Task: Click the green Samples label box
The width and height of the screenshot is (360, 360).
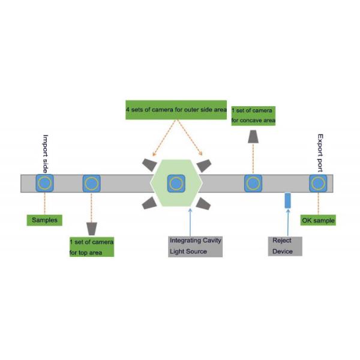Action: click(45, 220)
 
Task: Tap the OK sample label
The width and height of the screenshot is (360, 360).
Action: click(318, 220)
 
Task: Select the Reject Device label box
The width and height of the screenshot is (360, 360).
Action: click(284, 246)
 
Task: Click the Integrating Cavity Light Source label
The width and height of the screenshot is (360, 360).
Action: click(196, 246)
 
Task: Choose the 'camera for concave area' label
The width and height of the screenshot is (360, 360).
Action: click(253, 116)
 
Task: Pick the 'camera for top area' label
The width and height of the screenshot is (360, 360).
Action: click(91, 247)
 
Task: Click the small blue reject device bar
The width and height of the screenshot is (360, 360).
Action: click(287, 200)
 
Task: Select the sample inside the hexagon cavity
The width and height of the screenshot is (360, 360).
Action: click(175, 183)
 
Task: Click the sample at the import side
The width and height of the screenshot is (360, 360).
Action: click(44, 182)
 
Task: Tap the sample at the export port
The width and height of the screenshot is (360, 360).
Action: click(318, 183)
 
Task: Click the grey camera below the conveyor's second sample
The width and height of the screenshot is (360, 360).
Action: click(92, 229)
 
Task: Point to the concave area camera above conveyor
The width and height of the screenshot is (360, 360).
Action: click(253, 139)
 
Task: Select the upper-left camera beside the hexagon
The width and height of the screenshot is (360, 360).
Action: click(148, 163)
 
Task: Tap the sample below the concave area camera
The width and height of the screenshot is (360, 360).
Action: click(253, 183)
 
